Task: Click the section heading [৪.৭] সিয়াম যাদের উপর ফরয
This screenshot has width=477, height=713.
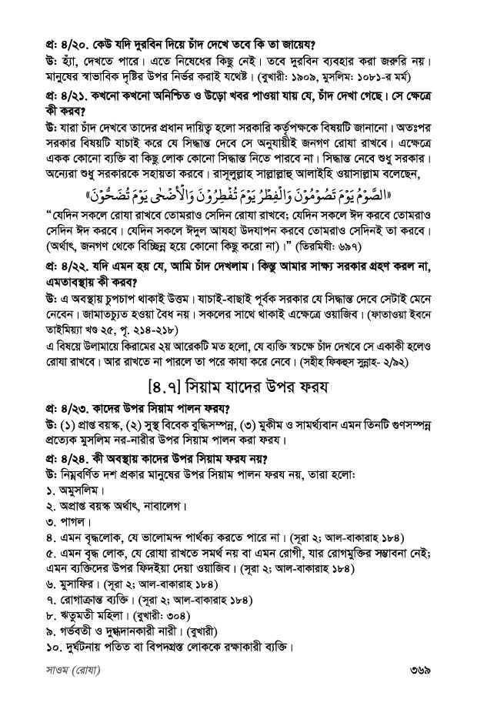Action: [239, 389]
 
